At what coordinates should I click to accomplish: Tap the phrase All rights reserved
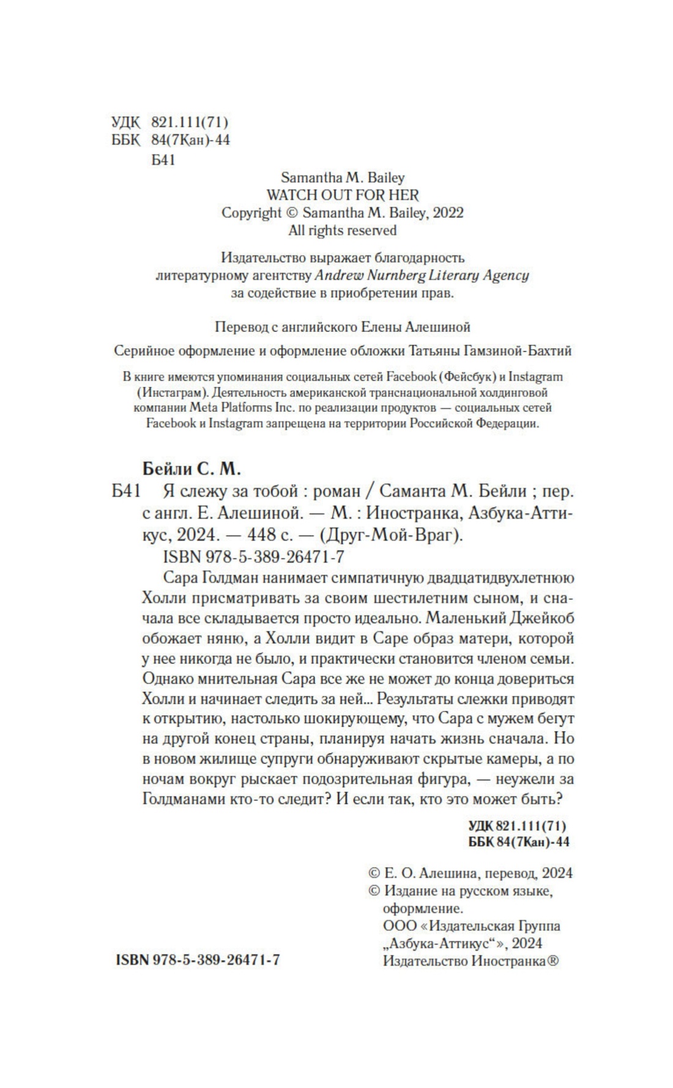point(342,231)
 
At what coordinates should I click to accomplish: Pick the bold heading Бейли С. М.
point(192,469)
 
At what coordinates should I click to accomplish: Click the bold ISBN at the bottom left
point(197,959)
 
